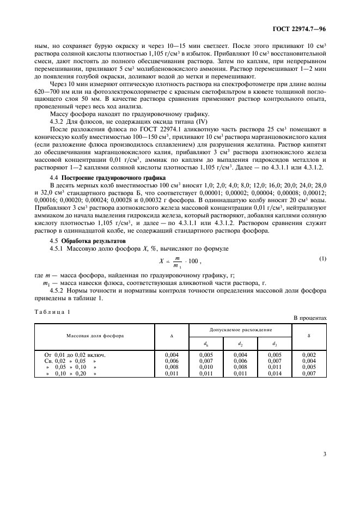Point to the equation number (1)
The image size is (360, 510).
(x=323, y=258)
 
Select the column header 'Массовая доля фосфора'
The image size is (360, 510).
(x=95, y=336)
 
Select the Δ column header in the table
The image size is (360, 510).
(x=172, y=336)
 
